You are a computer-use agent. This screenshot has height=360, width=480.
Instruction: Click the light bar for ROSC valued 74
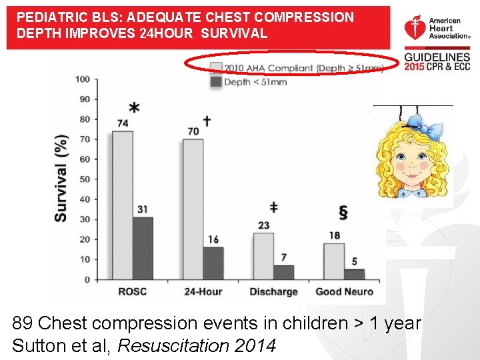(x=122, y=205)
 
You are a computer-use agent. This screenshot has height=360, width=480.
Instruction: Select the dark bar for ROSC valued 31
(x=143, y=248)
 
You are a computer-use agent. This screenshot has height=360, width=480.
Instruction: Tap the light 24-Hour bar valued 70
(x=193, y=209)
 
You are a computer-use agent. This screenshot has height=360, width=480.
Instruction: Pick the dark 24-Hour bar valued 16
(x=213, y=263)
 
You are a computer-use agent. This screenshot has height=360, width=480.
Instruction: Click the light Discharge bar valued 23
(x=263, y=256)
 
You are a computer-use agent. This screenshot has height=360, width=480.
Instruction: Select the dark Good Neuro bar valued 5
(x=354, y=274)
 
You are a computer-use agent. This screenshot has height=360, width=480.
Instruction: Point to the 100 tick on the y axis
(x=83, y=79)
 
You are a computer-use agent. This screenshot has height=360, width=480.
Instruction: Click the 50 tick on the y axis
(x=85, y=179)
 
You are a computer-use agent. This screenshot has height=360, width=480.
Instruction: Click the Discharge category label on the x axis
(x=273, y=292)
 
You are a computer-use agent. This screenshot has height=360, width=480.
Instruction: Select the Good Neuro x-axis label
(x=344, y=292)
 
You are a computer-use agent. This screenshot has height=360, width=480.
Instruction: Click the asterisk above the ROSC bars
(x=134, y=109)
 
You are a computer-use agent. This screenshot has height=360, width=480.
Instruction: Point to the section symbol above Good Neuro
(x=343, y=213)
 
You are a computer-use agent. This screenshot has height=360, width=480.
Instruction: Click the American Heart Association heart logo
(x=413, y=28)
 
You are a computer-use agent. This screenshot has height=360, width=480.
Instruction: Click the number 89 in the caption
(x=23, y=324)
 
